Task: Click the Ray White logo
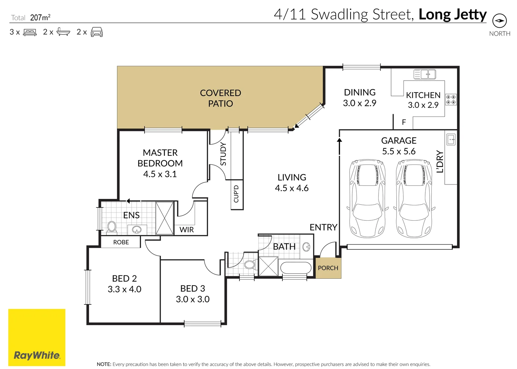(37, 338)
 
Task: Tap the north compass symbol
(500, 21)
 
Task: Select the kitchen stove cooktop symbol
(451, 99)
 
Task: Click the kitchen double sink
(425, 74)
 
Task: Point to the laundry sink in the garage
(451, 139)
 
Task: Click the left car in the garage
(367, 198)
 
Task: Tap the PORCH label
(328, 268)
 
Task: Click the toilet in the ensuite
(112, 227)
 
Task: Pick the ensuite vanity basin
(137, 230)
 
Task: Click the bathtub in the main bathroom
(296, 268)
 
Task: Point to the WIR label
(187, 230)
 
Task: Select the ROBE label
(121, 242)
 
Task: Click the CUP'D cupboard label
(236, 194)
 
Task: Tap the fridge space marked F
(404, 122)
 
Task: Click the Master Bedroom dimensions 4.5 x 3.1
(160, 174)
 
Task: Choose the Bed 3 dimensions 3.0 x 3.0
(193, 299)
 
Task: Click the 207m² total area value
(40, 17)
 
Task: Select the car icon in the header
(97, 32)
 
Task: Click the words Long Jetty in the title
(453, 14)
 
